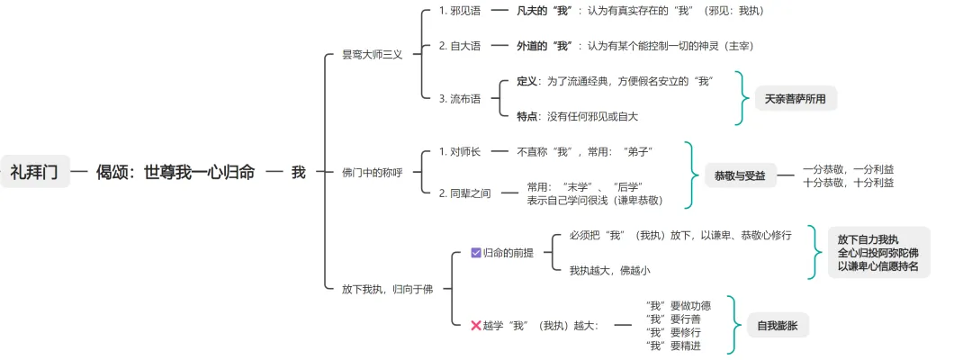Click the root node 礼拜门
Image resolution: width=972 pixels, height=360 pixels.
[x=35, y=172]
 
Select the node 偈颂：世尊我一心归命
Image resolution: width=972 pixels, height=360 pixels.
[x=175, y=172]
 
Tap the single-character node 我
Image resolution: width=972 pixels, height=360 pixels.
[x=298, y=172]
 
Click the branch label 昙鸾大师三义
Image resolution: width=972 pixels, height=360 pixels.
[x=372, y=54]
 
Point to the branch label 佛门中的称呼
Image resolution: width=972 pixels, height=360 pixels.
[x=372, y=172]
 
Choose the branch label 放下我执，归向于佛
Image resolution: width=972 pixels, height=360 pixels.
[x=387, y=289]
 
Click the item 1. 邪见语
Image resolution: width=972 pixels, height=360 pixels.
[x=459, y=11]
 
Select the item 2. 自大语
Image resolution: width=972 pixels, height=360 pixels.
[x=459, y=46]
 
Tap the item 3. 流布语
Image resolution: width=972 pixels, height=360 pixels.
[x=459, y=98]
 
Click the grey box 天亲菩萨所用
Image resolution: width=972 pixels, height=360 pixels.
[x=795, y=98]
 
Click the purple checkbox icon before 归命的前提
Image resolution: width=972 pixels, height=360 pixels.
[x=476, y=253]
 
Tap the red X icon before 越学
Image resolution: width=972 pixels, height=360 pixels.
[x=476, y=325]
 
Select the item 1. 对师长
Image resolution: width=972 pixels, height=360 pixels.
[x=459, y=151]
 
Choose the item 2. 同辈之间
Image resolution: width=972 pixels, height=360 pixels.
[x=464, y=193]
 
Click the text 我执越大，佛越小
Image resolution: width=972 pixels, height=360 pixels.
[x=609, y=270]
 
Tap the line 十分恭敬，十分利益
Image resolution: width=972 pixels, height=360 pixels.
[x=848, y=183]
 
